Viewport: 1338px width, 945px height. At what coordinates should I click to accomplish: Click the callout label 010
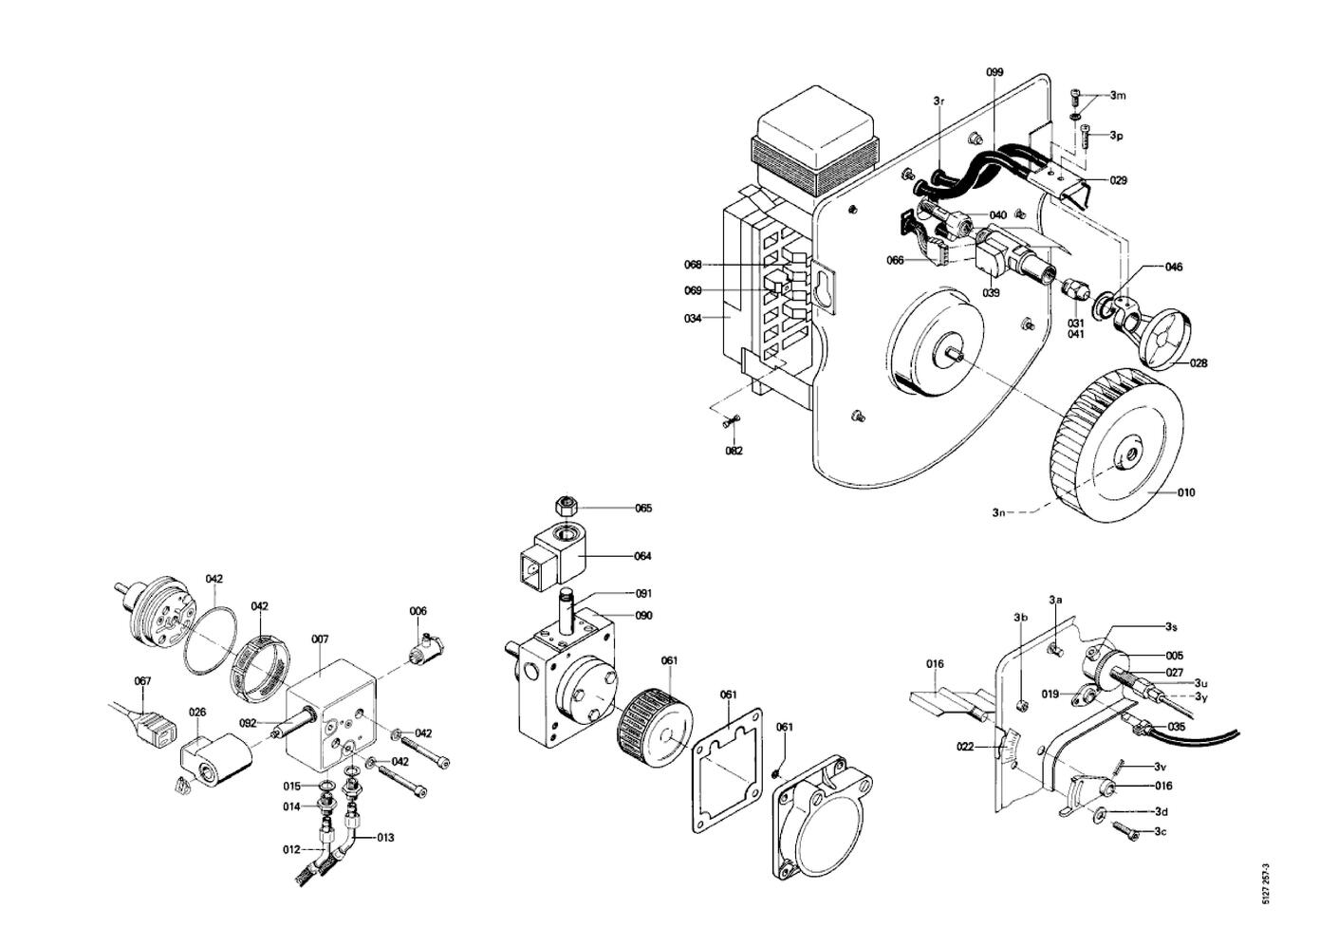coord(1186,492)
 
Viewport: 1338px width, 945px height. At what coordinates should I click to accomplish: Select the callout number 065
coord(643,509)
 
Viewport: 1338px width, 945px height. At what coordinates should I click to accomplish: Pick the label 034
coord(693,319)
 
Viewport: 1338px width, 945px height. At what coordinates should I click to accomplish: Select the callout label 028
coord(1199,363)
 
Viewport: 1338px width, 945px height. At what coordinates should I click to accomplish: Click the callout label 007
coord(320,639)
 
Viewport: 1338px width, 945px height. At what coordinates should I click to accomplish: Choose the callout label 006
coord(418,611)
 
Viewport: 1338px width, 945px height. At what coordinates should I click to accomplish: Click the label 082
coord(734,451)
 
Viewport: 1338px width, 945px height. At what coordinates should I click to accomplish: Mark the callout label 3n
coord(998,512)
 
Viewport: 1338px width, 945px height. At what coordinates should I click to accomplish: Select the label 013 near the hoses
coord(385,838)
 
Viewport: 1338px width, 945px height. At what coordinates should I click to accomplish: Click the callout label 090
coord(643,616)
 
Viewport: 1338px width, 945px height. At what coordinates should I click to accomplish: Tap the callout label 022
coord(965,747)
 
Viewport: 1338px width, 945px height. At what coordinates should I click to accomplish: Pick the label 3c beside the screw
coord(1161,831)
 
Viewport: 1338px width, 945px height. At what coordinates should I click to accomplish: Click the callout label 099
coord(994,72)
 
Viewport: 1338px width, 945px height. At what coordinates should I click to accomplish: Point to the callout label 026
coord(197,712)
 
